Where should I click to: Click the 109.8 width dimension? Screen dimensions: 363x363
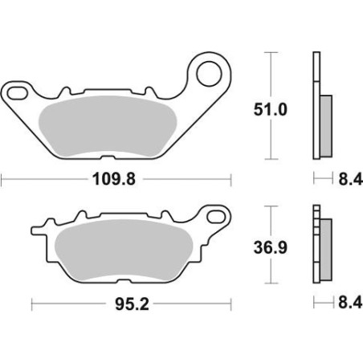point(114,179)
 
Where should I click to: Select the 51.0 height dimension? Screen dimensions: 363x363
point(271,109)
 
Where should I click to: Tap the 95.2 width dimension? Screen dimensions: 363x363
point(132,304)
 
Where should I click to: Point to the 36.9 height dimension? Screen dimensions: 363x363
point(271,247)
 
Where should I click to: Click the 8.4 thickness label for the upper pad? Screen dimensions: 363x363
point(351,179)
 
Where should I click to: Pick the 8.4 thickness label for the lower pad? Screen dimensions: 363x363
point(350,303)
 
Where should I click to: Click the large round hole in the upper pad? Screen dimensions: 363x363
point(209,74)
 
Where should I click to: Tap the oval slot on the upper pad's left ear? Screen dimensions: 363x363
point(18,93)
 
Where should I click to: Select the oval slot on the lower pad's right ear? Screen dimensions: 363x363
point(216,217)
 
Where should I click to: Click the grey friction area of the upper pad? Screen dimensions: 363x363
point(107,126)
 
